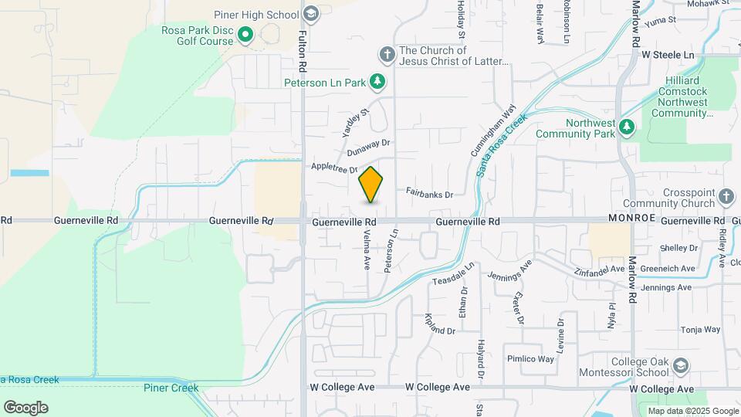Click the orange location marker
371,185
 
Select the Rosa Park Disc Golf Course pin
246,34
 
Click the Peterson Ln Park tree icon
377,81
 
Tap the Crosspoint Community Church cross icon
726,198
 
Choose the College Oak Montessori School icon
681,364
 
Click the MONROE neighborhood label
631,219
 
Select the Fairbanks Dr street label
429,194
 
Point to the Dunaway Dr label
376,142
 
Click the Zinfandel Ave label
600,269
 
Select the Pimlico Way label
530,359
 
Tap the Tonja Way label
700,329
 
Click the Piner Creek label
171,388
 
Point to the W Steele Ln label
668,55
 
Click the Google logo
25,408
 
